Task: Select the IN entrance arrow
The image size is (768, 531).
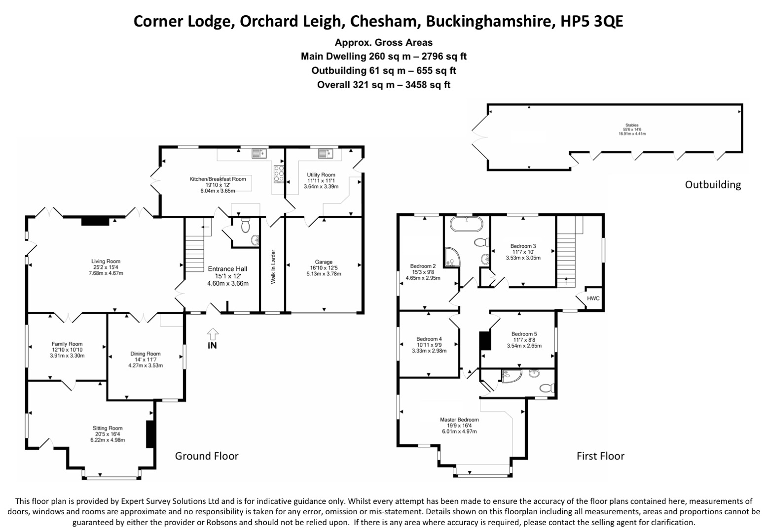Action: (212, 334)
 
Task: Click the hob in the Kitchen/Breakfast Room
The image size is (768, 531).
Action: (279, 174)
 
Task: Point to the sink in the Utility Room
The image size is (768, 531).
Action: (327, 154)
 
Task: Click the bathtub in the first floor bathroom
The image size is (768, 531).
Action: (466, 226)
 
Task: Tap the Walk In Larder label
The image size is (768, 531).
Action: (273, 267)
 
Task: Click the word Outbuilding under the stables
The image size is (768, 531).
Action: (713, 185)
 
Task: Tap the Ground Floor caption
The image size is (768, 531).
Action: (207, 456)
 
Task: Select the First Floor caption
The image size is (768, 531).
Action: (600, 456)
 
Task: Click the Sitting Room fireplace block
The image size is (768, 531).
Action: (149, 434)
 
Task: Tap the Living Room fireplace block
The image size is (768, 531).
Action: (95, 221)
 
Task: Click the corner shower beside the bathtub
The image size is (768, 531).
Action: (451, 256)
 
